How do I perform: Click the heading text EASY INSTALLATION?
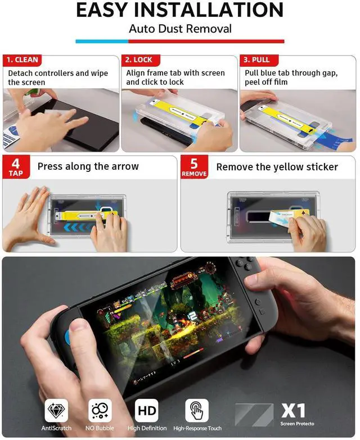coord(179,10)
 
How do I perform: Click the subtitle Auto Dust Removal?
coord(180,28)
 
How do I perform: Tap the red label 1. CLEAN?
coord(22,60)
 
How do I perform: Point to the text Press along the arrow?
coord(88,166)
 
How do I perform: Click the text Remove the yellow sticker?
coord(277,167)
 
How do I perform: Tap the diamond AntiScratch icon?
coord(56,411)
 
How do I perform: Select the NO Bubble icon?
coord(100,411)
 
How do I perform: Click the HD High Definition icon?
coord(146,411)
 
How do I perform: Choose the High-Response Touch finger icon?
coord(197,411)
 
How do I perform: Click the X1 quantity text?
coord(292,410)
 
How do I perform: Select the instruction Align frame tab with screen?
coord(175,73)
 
